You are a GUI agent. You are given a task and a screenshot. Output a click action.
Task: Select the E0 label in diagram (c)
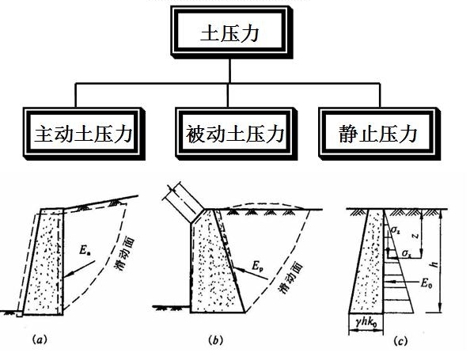click(427, 280)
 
